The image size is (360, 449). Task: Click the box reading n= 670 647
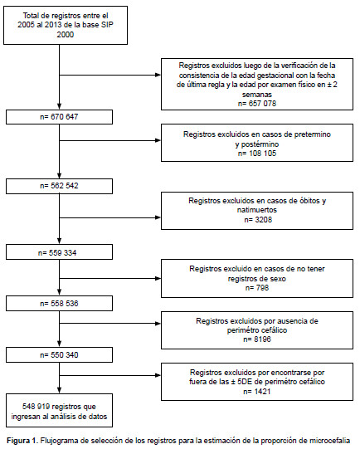59,117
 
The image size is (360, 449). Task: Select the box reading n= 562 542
59,186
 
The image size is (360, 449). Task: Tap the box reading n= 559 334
59,252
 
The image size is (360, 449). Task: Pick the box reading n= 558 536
59,304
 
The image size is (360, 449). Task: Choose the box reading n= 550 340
59,355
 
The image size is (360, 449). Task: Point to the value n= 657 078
257,104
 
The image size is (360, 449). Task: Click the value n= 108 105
257,154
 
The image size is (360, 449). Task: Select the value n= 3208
258,220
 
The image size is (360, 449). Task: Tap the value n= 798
257,288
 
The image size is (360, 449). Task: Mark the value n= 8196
257,339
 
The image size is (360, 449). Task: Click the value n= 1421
257,392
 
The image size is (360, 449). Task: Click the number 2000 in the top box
66,35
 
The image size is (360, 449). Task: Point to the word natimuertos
257,210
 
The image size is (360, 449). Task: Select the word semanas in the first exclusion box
257,95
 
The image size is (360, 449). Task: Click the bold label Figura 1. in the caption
22,441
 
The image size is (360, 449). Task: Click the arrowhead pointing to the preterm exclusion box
158,140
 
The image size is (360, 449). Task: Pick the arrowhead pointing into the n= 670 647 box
59,106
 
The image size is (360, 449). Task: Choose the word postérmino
257,144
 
